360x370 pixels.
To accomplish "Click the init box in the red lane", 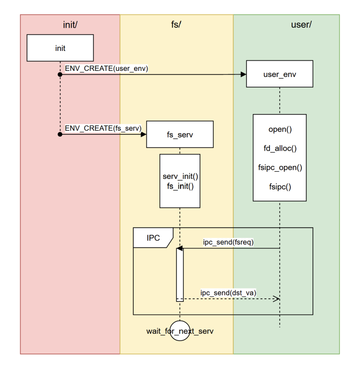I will (x=60, y=48).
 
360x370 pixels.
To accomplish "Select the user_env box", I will (x=279, y=74).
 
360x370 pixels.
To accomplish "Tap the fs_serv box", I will (x=180, y=134).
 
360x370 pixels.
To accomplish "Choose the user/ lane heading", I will (x=301, y=24).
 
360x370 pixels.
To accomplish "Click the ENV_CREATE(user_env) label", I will (x=106, y=68).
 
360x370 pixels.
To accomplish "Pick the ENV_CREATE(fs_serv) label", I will (x=103, y=128).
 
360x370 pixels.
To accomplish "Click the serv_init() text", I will (x=180, y=177).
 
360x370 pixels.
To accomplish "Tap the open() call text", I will (x=280, y=130).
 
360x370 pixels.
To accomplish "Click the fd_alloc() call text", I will (x=280, y=148).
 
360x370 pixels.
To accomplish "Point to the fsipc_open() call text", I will (x=280, y=167).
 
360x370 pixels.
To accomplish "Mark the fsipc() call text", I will (x=280, y=187).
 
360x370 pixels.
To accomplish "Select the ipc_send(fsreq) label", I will (x=228, y=242).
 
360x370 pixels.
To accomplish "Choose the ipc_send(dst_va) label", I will (x=228, y=293).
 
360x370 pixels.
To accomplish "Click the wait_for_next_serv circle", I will (x=180, y=330).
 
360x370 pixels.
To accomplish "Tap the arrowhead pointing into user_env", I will (x=244, y=75).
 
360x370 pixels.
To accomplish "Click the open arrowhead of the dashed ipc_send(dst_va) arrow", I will (x=277, y=299).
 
